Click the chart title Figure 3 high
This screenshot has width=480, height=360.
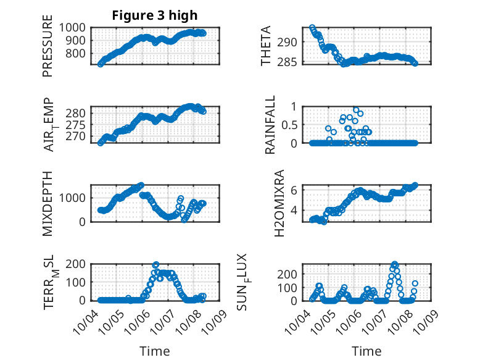pos(154,15)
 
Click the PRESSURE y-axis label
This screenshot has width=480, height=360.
pos(48,49)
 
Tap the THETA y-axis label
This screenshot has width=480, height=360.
pos(266,46)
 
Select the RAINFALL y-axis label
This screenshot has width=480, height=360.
pos(270,125)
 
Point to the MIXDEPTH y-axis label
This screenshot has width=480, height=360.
pos(48,203)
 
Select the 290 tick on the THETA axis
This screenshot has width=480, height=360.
pos(290,42)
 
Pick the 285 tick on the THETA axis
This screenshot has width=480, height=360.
pos(290,62)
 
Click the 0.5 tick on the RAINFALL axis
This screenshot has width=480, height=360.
pos(290,125)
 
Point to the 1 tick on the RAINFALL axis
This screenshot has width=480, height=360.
pos(294,106)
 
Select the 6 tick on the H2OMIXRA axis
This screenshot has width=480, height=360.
pos(295,190)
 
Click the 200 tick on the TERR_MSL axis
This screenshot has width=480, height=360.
pos(78,264)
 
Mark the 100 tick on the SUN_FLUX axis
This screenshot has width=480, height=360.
pos(290,287)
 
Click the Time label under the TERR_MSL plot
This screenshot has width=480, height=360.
pos(155,351)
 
